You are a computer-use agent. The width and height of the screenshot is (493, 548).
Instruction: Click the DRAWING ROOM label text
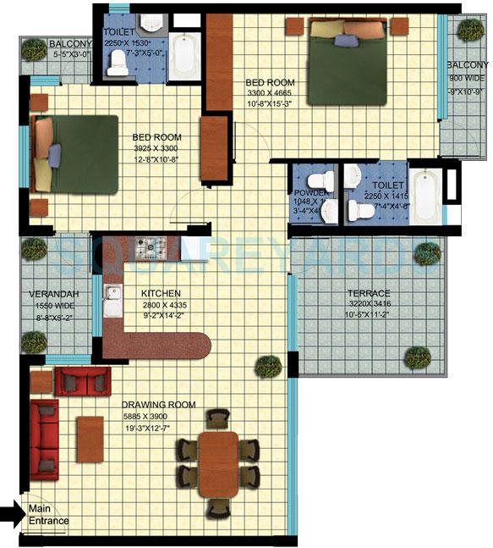(x=159, y=405)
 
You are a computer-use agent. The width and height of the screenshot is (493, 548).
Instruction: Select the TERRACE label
(x=370, y=292)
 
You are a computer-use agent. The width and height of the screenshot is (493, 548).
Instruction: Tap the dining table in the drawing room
(x=219, y=461)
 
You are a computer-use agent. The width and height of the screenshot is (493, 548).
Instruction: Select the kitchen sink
(x=111, y=299)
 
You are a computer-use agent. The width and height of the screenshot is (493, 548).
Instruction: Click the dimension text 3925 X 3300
(x=157, y=147)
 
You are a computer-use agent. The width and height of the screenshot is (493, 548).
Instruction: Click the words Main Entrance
(x=49, y=515)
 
